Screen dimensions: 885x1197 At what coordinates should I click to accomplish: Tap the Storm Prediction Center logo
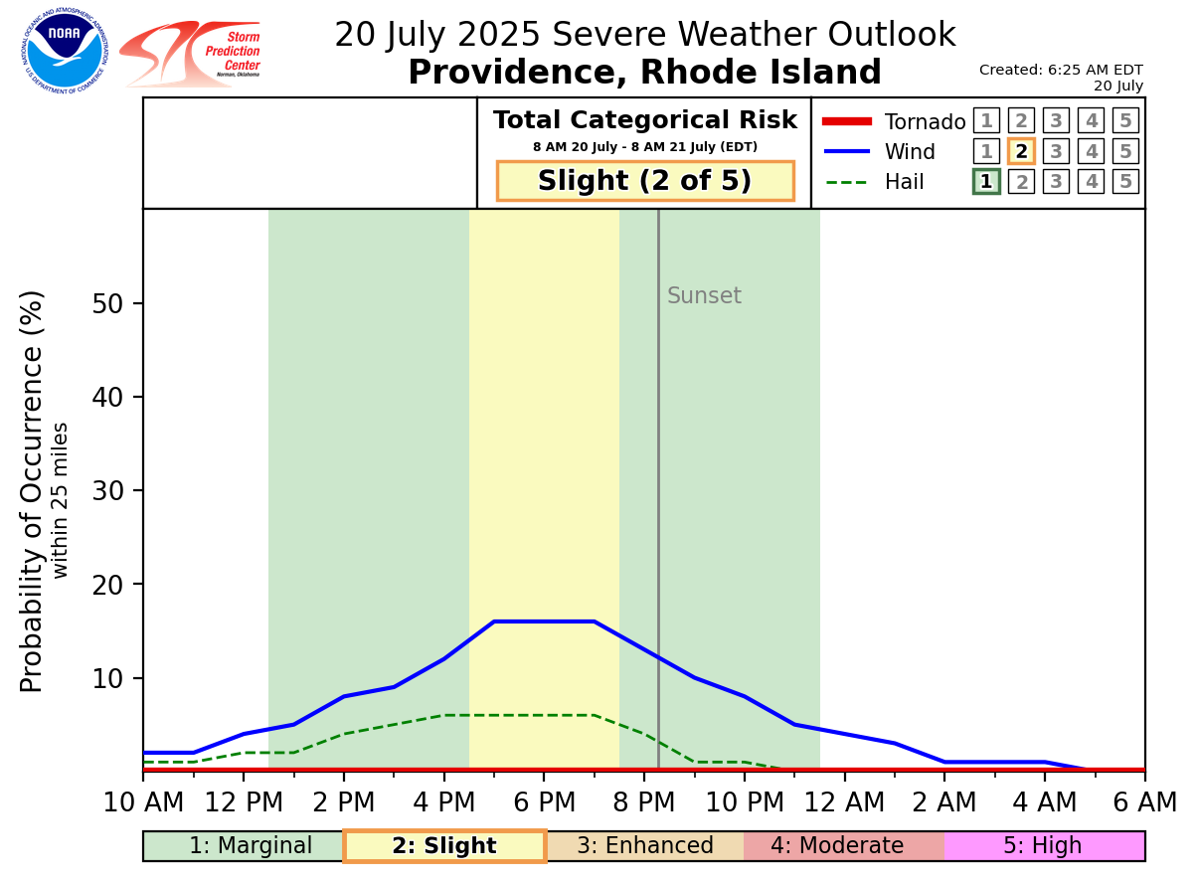pos(191,54)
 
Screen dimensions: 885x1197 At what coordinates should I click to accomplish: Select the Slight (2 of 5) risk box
pos(645,181)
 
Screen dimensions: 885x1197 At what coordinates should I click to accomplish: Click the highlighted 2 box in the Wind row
pos(1021,151)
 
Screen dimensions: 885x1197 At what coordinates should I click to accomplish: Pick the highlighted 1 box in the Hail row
pos(986,181)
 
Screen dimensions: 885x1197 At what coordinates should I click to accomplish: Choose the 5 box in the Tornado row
pos(1125,121)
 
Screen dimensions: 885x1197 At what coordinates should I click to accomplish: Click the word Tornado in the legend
pos(925,122)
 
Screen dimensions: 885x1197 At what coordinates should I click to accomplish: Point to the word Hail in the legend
pos(904,182)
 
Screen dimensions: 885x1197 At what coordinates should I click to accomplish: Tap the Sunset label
pos(704,296)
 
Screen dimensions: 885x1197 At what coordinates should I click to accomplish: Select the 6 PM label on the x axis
pos(544,801)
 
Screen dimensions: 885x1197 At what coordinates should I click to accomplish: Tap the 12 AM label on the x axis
pos(844,801)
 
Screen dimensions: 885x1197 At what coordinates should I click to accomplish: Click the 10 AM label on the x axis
pos(143,801)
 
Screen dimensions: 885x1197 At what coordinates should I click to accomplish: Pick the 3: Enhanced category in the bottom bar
pos(645,846)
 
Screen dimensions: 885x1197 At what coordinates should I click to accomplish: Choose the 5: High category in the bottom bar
pos(1043,846)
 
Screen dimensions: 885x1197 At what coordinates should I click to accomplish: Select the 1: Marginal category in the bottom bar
pos(251,846)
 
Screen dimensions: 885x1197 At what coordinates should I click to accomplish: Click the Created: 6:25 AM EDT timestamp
pos(1061,70)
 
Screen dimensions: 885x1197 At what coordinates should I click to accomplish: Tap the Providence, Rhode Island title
pos(644,73)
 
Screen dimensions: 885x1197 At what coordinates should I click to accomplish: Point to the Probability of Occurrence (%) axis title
pos(32,491)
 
